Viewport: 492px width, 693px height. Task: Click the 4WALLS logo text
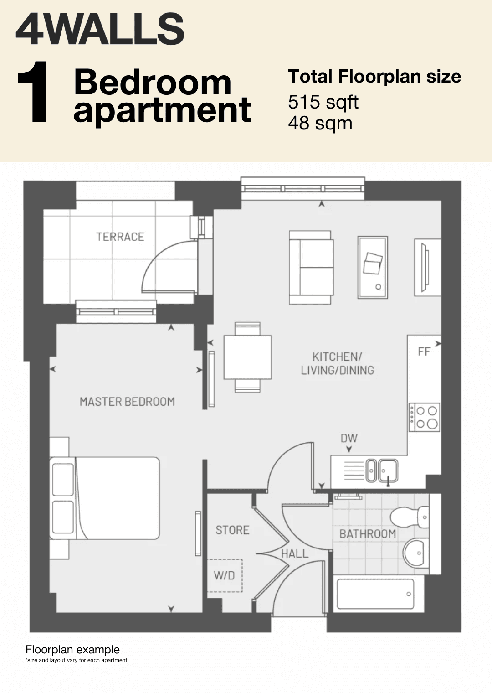coord(100,30)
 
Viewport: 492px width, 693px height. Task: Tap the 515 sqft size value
coord(323,102)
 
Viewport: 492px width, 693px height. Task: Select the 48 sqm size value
coord(320,123)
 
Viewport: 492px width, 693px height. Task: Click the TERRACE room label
coord(120,237)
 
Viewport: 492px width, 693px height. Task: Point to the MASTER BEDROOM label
coord(127,402)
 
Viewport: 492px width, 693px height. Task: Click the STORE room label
coord(232,530)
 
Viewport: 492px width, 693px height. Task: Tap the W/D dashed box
coord(225,575)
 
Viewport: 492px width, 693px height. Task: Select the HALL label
coord(295,553)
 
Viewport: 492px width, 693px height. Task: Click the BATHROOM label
coord(368,534)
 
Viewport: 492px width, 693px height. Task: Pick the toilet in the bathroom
coord(410,517)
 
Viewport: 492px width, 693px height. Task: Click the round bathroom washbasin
coord(416,553)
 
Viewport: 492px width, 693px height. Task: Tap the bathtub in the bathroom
coord(375,594)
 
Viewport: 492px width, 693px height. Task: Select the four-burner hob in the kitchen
coord(424,417)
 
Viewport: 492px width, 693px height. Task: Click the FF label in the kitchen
coord(424,352)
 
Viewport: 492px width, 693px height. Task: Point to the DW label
coord(349,438)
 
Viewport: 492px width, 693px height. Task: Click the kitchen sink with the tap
coord(382,471)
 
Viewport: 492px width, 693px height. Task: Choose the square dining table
coord(247,357)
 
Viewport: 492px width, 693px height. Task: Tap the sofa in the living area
coord(311,267)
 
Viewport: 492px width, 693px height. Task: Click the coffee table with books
coord(373,268)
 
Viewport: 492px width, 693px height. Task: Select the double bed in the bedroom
coord(104,498)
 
